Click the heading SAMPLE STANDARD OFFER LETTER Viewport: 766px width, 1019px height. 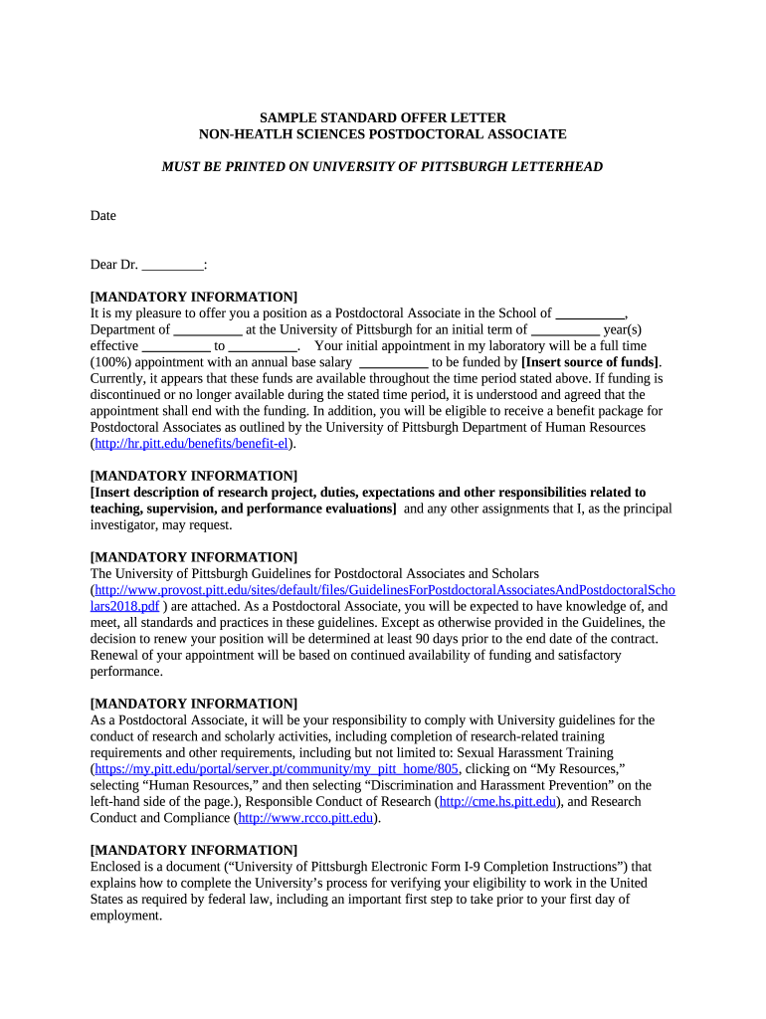pos(382,117)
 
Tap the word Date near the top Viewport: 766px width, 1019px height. pos(103,215)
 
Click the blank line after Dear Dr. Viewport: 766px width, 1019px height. pos(172,265)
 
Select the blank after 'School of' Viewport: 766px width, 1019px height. pos(589,313)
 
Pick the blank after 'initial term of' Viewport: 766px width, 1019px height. pos(565,329)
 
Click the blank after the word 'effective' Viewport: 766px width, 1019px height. pos(176,345)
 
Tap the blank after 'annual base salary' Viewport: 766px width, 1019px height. pos(392,362)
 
